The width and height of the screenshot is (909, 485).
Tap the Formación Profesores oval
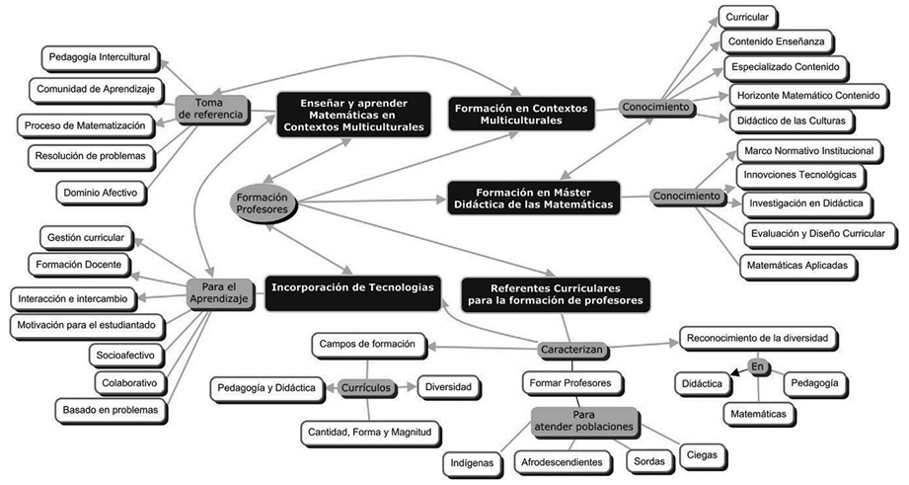point(262,202)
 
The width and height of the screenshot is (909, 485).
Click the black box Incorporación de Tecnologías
point(351,287)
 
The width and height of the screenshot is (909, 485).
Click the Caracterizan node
point(571,350)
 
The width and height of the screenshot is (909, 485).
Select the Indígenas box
point(469,461)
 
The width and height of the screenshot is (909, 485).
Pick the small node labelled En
point(758,366)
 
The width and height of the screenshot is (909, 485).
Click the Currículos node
point(366,388)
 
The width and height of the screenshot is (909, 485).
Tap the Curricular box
point(747,17)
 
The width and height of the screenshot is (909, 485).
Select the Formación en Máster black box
point(533,196)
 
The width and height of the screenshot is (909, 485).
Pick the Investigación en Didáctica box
point(805,203)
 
